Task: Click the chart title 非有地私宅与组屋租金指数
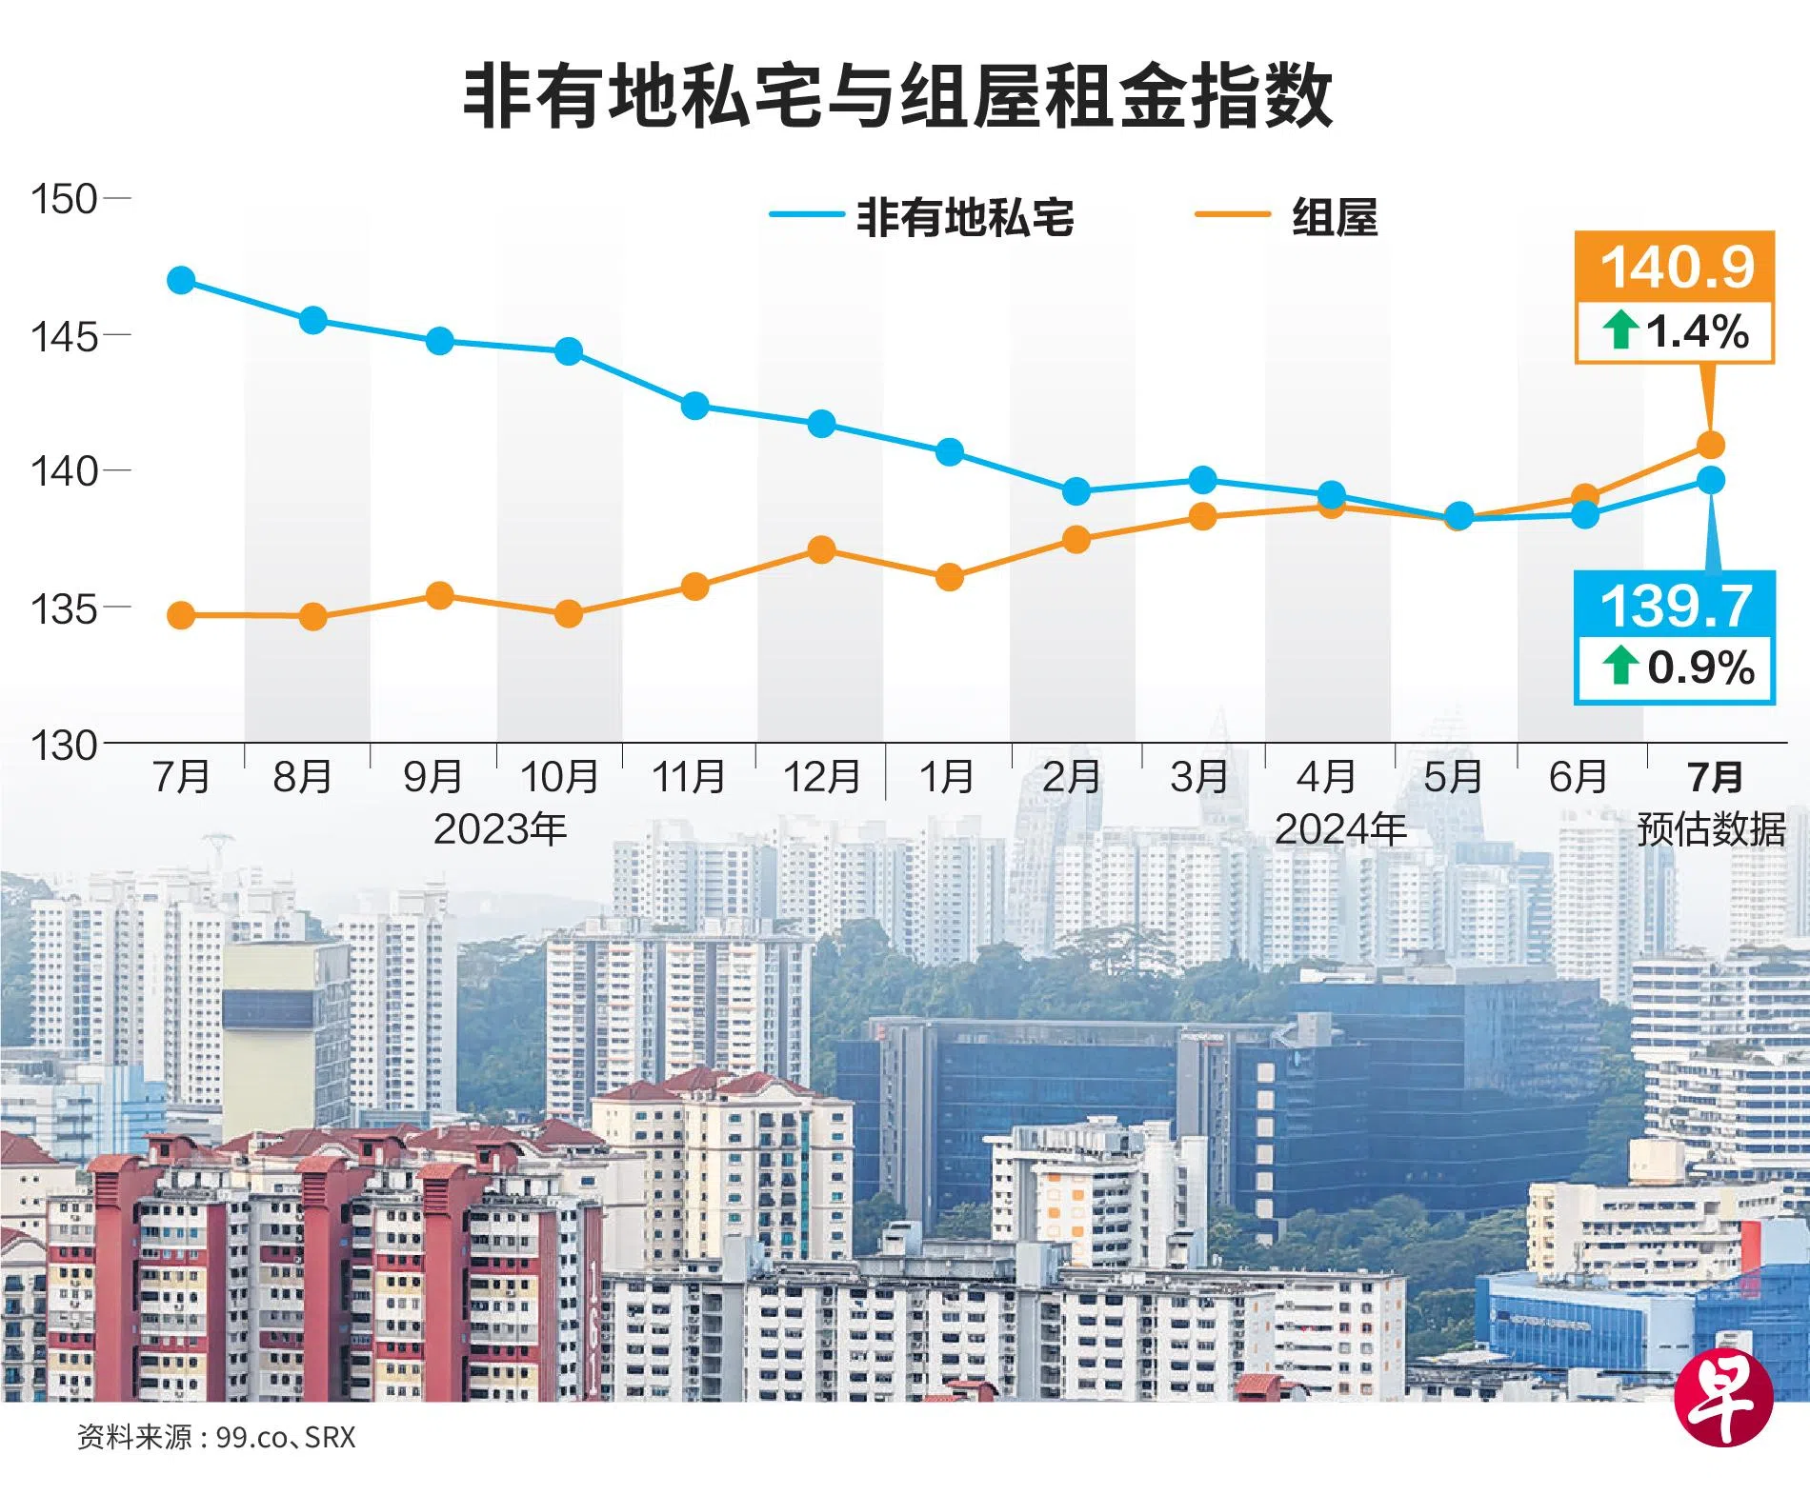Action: [x=897, y=96]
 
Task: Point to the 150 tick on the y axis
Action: [x=64, y=200]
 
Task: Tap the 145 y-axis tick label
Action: [x=64, y=336]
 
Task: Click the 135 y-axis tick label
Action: [x=64, y=608]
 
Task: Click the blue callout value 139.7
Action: [x=1675, y=606]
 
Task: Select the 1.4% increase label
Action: [x=1677, y=331]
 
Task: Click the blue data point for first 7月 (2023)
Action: [x=181, y=281]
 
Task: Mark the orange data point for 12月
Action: [x=821, y=549]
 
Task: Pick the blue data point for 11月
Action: [x=695, y=406]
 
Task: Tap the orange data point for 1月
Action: [x=950, y=577]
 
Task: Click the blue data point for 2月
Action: [x=1076, y=491]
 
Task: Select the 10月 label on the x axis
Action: [x=559, y=777]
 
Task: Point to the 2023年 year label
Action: [x=500, y=829]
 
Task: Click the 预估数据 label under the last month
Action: [x=1711, y=829]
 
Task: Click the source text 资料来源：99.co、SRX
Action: [x=216, y=1437]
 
